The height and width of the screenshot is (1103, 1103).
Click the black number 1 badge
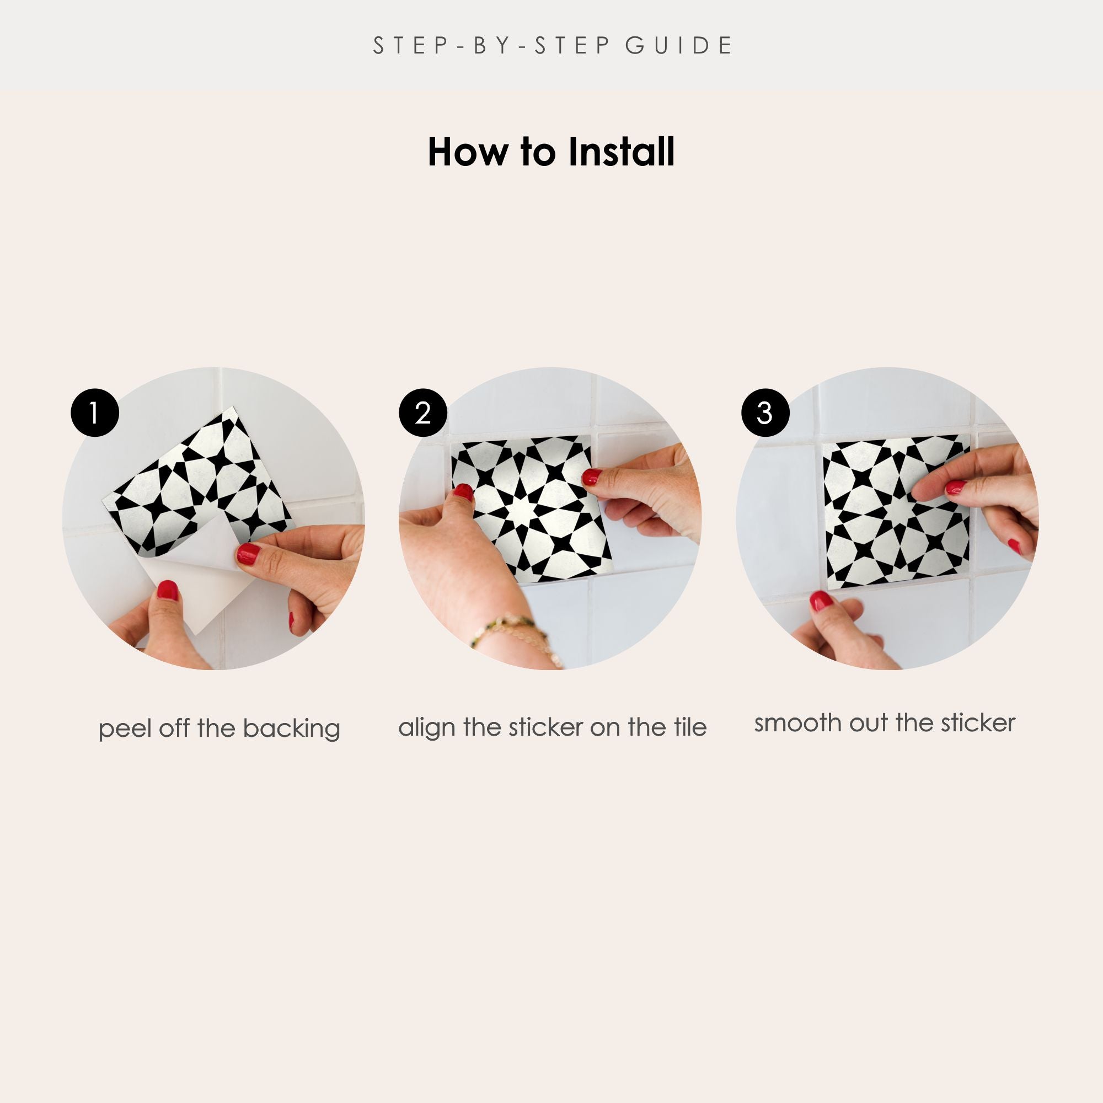tap(95, 413)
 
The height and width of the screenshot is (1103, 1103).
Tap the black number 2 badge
tap(423, 413)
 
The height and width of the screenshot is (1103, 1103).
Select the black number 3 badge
tap(765, 413)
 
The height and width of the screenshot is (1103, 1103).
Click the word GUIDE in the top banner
tap(679, 46)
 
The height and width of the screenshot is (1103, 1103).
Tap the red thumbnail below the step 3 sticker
tap(822, 601)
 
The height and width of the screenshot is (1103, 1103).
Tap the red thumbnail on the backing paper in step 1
tap(167, 590)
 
